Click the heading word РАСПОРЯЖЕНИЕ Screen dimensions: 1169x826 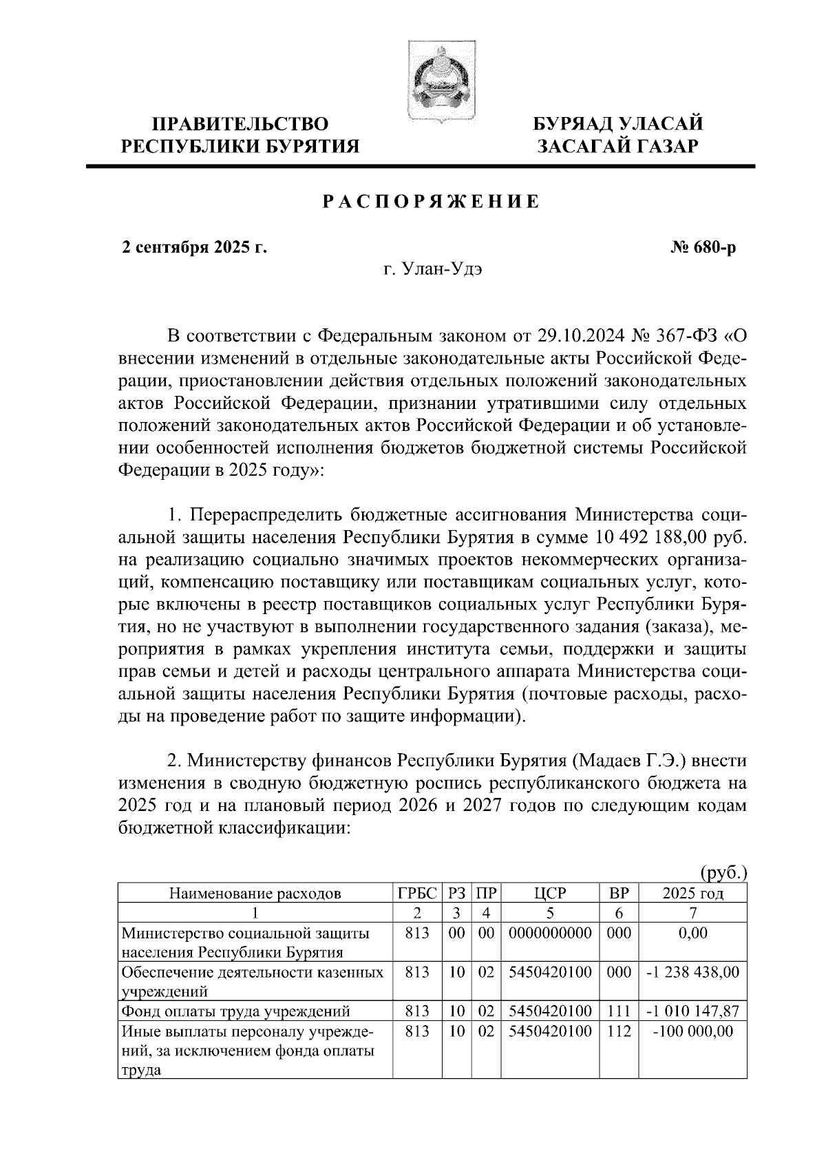(432, 202)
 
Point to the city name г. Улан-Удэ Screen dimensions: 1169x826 (432, 269)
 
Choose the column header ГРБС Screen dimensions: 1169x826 (417, 894)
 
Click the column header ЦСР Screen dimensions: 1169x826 (549, 894)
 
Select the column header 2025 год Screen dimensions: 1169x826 (692, 894)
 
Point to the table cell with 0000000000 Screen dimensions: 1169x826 (549, 934)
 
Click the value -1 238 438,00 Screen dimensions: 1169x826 (692, 972)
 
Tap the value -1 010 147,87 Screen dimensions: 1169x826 (692, 1011)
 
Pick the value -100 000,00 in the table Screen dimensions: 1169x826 (692, 1031)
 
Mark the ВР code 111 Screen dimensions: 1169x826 (619, 1011)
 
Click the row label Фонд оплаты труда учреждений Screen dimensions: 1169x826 (236, 1011)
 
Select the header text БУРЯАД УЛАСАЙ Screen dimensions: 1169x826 (619, 124)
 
